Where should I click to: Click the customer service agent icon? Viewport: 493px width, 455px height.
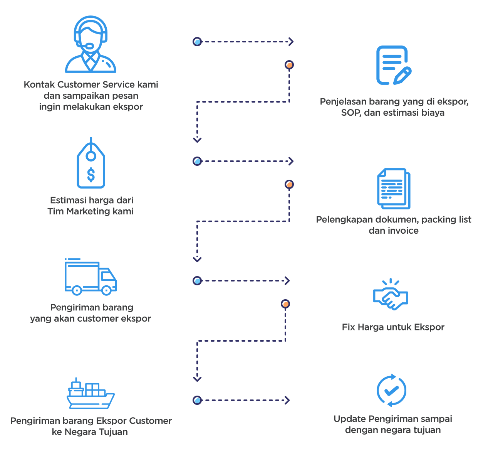click(x=91, y=44)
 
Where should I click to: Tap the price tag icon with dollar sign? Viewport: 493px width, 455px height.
click(x=91, y=164)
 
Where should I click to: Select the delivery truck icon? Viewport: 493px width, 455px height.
click(x=91, y=277)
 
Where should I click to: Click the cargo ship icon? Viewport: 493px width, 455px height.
click(x=91, y=393)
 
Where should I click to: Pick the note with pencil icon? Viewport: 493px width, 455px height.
click(x=393, y=65)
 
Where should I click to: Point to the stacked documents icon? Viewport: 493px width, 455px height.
click(x=393, y=189)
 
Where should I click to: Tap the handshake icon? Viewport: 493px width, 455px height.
click(x=390, y=295)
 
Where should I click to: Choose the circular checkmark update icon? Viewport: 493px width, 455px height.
click(x=391, y=390)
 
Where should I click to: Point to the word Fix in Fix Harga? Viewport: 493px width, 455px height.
click(x=348, y=327)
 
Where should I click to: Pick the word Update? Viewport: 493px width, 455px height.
click(x=349, y=419)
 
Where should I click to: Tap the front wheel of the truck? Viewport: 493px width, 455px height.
click(x=107, y=290)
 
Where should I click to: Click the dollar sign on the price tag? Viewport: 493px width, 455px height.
click(x=91, y=174)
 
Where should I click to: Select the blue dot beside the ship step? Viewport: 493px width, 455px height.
click(x=197, y=400)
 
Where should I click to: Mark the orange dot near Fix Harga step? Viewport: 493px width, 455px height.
click(x=285, y=304)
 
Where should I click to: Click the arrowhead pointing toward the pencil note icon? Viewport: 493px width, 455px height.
click(x=291, y=42)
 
